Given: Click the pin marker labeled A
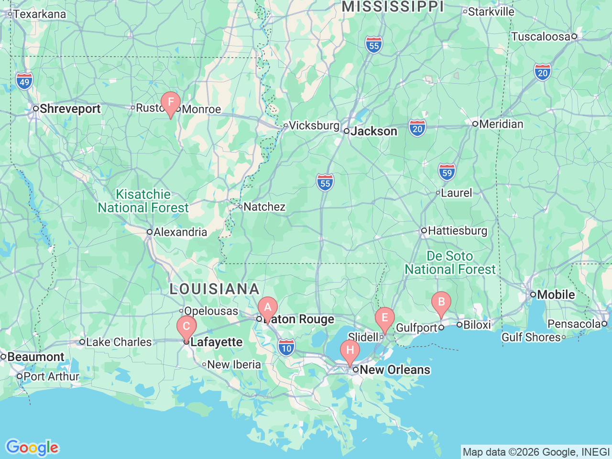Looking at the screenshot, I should pos(267,307).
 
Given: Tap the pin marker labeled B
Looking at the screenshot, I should pos(441,302).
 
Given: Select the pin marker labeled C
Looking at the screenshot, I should pos(186,327).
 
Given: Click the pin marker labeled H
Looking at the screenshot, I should pos(350,350).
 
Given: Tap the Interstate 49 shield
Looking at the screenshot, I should pos(24,81).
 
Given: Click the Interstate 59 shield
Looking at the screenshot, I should pos(447,172).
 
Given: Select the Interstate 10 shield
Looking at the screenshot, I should pos(286,348).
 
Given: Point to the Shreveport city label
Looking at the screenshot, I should pos(70,109).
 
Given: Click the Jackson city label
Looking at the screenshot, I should pos(373,131).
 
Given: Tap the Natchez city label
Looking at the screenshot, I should pos(264,207).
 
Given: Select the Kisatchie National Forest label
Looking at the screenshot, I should pos(143,201).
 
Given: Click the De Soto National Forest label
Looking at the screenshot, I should pos(450,263).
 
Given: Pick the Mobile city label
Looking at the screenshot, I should pos(556,295).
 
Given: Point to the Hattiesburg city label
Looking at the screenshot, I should pos(457,231).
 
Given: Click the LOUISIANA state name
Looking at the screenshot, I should pos(215,289).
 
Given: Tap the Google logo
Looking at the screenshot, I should pos(32,448).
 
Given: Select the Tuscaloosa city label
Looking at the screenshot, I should pos(540,37).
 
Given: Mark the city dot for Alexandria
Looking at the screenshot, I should pos(150,232).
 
